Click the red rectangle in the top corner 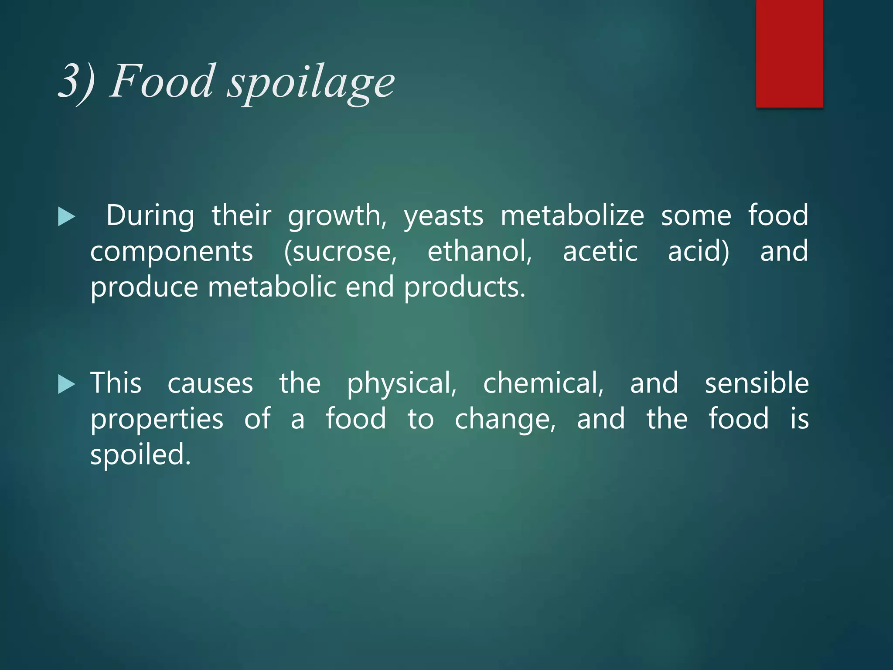pos(789,53)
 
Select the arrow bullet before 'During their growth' pos(66,217)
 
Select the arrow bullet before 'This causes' pos(66,384)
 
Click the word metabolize pos(572,216)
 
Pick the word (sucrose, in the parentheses pos(340,252)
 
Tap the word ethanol pos(480,252)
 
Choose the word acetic pos(600,252)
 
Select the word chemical pos(543,383)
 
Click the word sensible pos(757,383)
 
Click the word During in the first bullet pos(150,216)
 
